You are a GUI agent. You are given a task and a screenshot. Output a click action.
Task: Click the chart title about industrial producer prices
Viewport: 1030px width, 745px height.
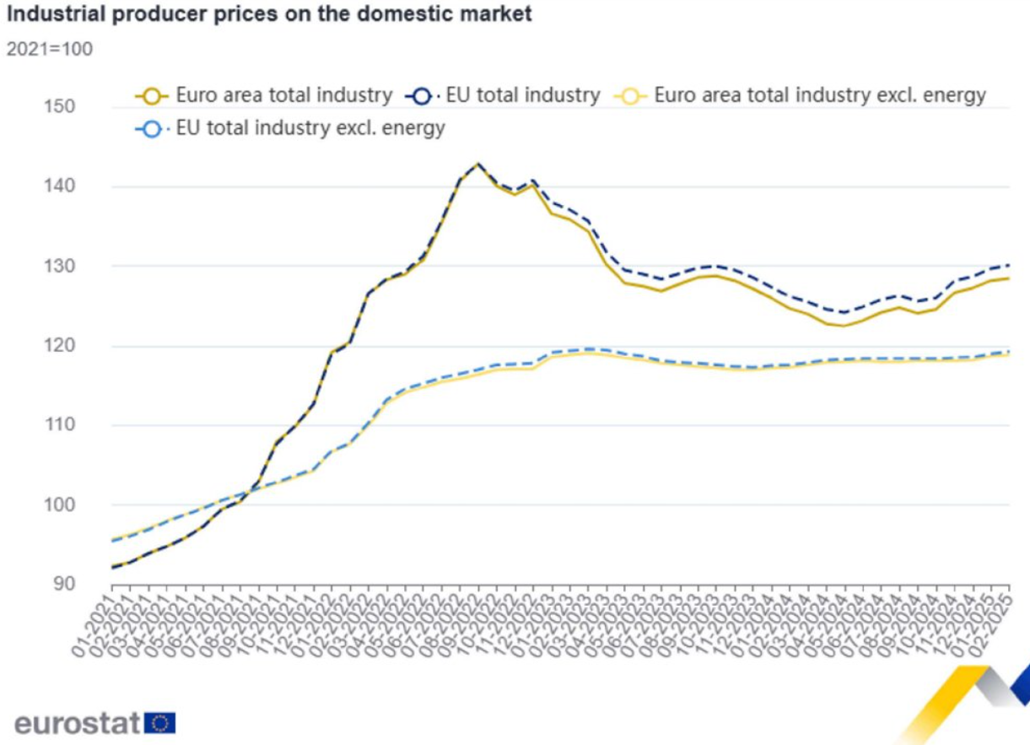point(269,14)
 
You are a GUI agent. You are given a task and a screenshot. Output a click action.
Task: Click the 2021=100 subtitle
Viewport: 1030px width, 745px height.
point(50,49)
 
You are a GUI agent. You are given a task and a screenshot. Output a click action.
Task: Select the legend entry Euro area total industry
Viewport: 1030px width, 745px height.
point(283,95)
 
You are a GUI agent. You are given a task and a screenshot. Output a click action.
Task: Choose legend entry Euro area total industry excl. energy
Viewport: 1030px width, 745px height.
point(819,95)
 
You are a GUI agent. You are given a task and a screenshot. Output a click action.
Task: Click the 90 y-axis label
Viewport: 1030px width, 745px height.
point(63,584)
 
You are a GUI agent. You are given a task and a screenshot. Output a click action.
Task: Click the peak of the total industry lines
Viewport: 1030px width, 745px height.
point(478,164)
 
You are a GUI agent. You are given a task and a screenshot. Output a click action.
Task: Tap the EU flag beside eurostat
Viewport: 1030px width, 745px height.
point(160,722)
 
